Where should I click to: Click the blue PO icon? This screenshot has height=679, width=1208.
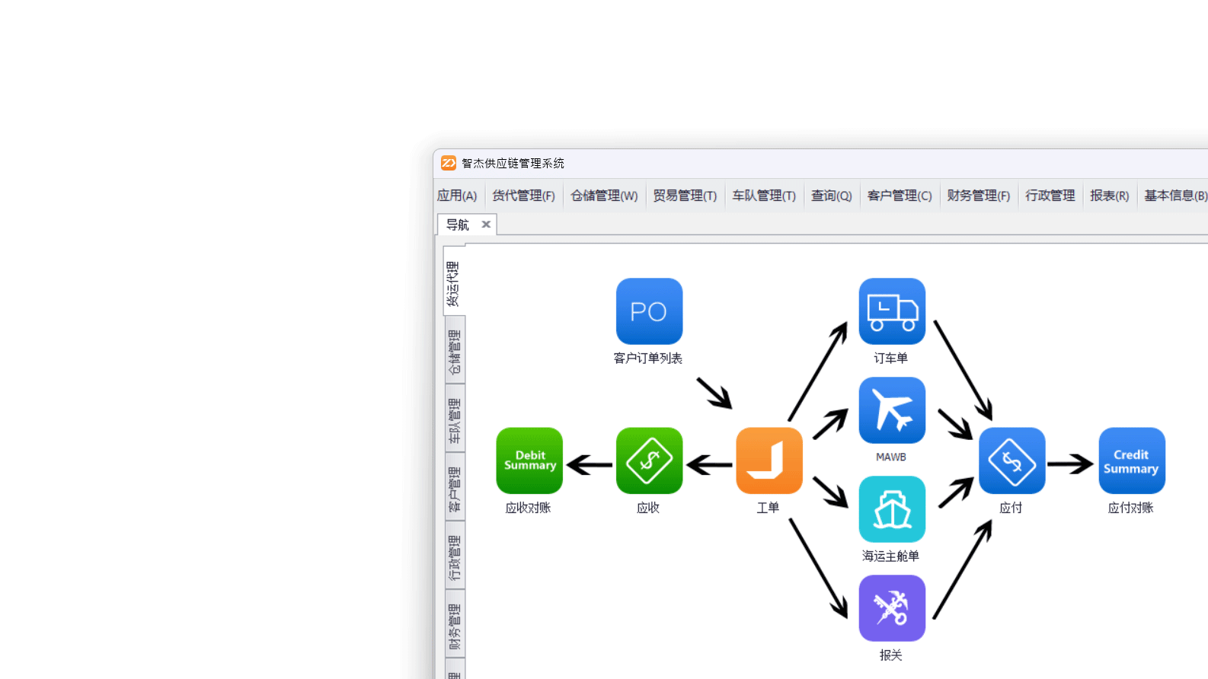(649, 311)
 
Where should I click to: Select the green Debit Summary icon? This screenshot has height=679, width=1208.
(529, 461)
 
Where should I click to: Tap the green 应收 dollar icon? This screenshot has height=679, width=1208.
(649, 461)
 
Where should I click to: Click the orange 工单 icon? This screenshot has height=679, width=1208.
(769, 461)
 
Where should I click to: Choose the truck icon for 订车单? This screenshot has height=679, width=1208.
(892, 311)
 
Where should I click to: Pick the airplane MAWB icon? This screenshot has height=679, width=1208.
(892, 410)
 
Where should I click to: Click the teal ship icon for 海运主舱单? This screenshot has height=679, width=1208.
(892, 509)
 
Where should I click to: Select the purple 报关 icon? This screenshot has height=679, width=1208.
(892, 608)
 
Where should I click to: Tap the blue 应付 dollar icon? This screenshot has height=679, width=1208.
(1011, 461)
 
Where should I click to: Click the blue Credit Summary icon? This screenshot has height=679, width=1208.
(1132, 461)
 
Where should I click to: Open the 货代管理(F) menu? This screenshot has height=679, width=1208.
(523, 196)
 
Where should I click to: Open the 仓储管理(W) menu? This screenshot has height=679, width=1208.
(604, 196)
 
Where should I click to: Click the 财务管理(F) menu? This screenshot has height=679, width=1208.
(978, 196)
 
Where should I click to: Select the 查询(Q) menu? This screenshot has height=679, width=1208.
(831, 196)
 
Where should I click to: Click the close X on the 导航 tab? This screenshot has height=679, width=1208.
(486, 225)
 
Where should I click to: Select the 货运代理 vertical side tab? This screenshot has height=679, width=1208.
(453, 283)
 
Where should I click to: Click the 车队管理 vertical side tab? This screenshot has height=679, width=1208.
(455, 420)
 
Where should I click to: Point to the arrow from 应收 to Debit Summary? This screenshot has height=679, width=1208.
(590, 464)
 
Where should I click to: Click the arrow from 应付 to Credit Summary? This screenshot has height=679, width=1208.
(1071, 464)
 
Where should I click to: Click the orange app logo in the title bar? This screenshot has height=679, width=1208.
(449, 163)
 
